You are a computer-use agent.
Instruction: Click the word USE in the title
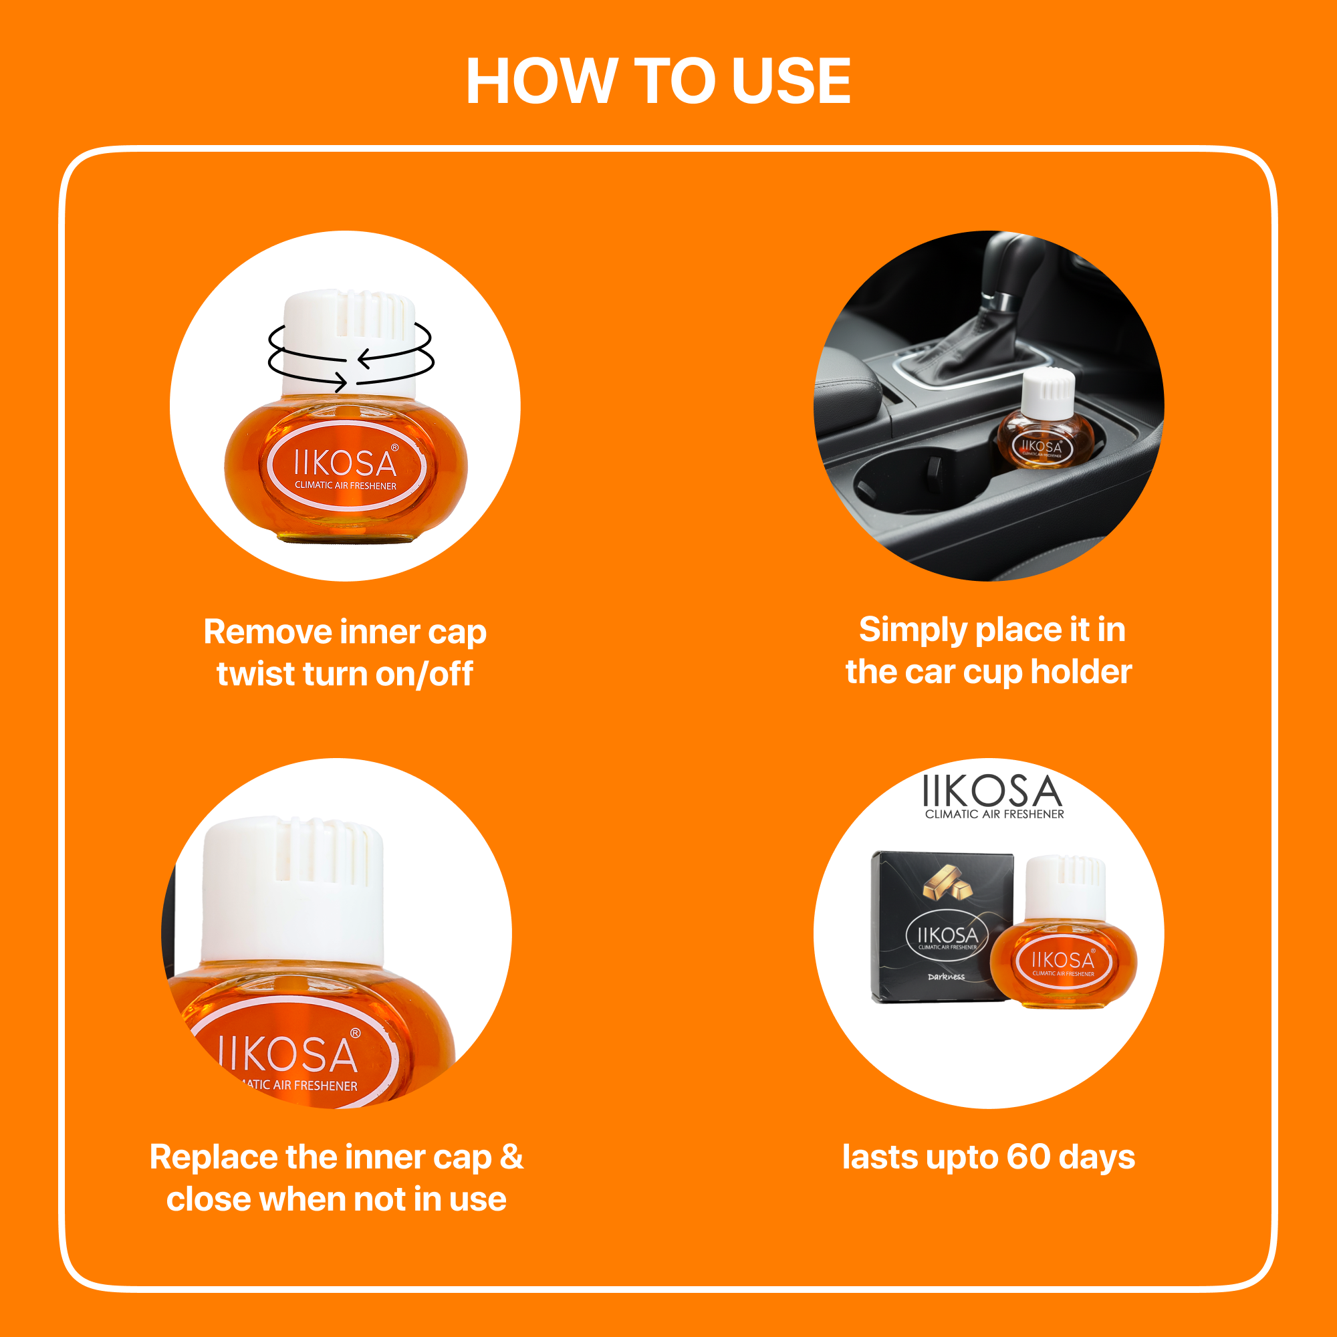[x=790, y=81]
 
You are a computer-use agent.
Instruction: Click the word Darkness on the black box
[x=946, y=977]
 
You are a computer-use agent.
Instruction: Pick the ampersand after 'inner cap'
[x=511, y=1157]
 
